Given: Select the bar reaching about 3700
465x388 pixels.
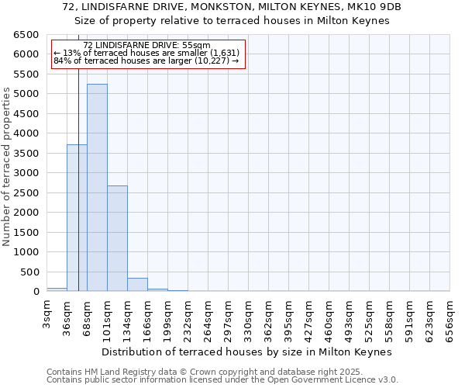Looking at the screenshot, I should [77, 218].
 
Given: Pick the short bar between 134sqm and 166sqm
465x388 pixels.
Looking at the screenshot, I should [137, 285].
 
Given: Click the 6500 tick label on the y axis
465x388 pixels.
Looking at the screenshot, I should [26, 35].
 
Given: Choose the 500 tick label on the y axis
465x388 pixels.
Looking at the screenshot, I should [29, 272].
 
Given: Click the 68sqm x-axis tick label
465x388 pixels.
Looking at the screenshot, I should [88, 316].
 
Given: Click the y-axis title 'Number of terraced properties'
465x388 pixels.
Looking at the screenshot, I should [7, 167].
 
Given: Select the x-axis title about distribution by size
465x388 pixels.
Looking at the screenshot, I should [248, 352].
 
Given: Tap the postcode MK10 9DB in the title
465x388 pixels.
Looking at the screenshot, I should [375, 6].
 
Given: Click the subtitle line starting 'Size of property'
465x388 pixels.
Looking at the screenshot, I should [232, 21].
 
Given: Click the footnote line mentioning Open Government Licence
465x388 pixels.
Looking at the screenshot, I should [222, 380].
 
